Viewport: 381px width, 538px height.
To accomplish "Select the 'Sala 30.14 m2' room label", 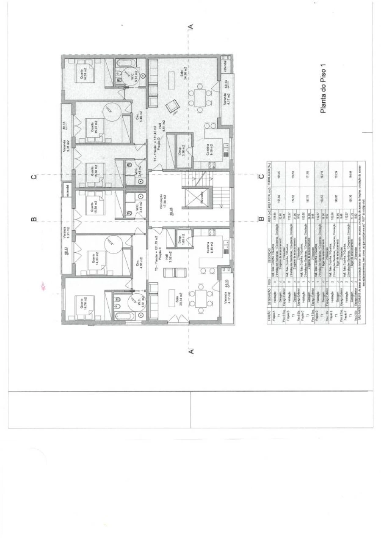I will pyautogui.click(x=179, y=299).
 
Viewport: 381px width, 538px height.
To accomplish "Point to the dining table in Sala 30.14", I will pyautogui.click(x=199, y=300).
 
